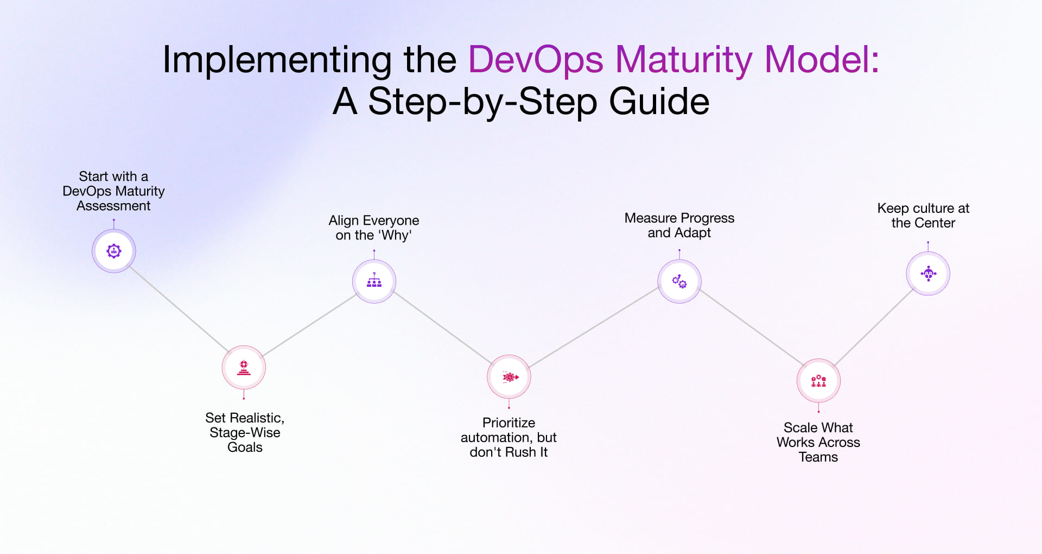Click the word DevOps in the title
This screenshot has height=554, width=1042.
tap(536, 60)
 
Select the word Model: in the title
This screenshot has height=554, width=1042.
tap(821, 60)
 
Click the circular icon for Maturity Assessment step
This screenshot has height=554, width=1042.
tap(113, 251)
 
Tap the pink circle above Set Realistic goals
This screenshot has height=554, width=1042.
tap(244, 368)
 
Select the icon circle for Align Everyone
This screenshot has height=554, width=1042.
tap(374, 281)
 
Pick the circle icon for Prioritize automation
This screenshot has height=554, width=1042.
tap(509, 377)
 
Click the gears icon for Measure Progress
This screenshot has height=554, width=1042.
tap(679, 281)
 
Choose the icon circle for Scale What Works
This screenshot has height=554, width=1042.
tap(818, 381)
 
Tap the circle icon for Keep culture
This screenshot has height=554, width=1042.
tap(928, 274)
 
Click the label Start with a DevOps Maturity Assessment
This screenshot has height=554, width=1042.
tap(113, 191)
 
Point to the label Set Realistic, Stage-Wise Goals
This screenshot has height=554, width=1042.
tap(245, 432)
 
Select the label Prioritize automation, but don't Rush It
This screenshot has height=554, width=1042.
tap(509, 437)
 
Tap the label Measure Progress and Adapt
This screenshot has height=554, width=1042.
tap(679, 225)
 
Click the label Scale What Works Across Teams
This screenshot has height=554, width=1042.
tap(818, 442)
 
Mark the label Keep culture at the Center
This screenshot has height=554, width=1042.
tap(923, 216)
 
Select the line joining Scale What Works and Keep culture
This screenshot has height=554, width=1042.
tap(874, 328)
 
